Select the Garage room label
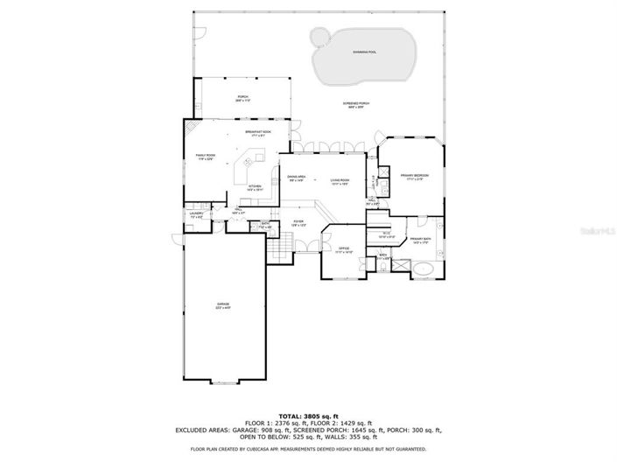coord(223,306)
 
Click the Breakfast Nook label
coord(258,132)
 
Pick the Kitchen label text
coord(254,187)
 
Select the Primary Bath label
coord(420,241)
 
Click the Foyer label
coord(298,223)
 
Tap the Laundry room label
coord(196,214)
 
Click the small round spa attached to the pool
coord(320,37)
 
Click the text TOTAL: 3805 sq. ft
coord(308,416)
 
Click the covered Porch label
coord(242,98)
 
